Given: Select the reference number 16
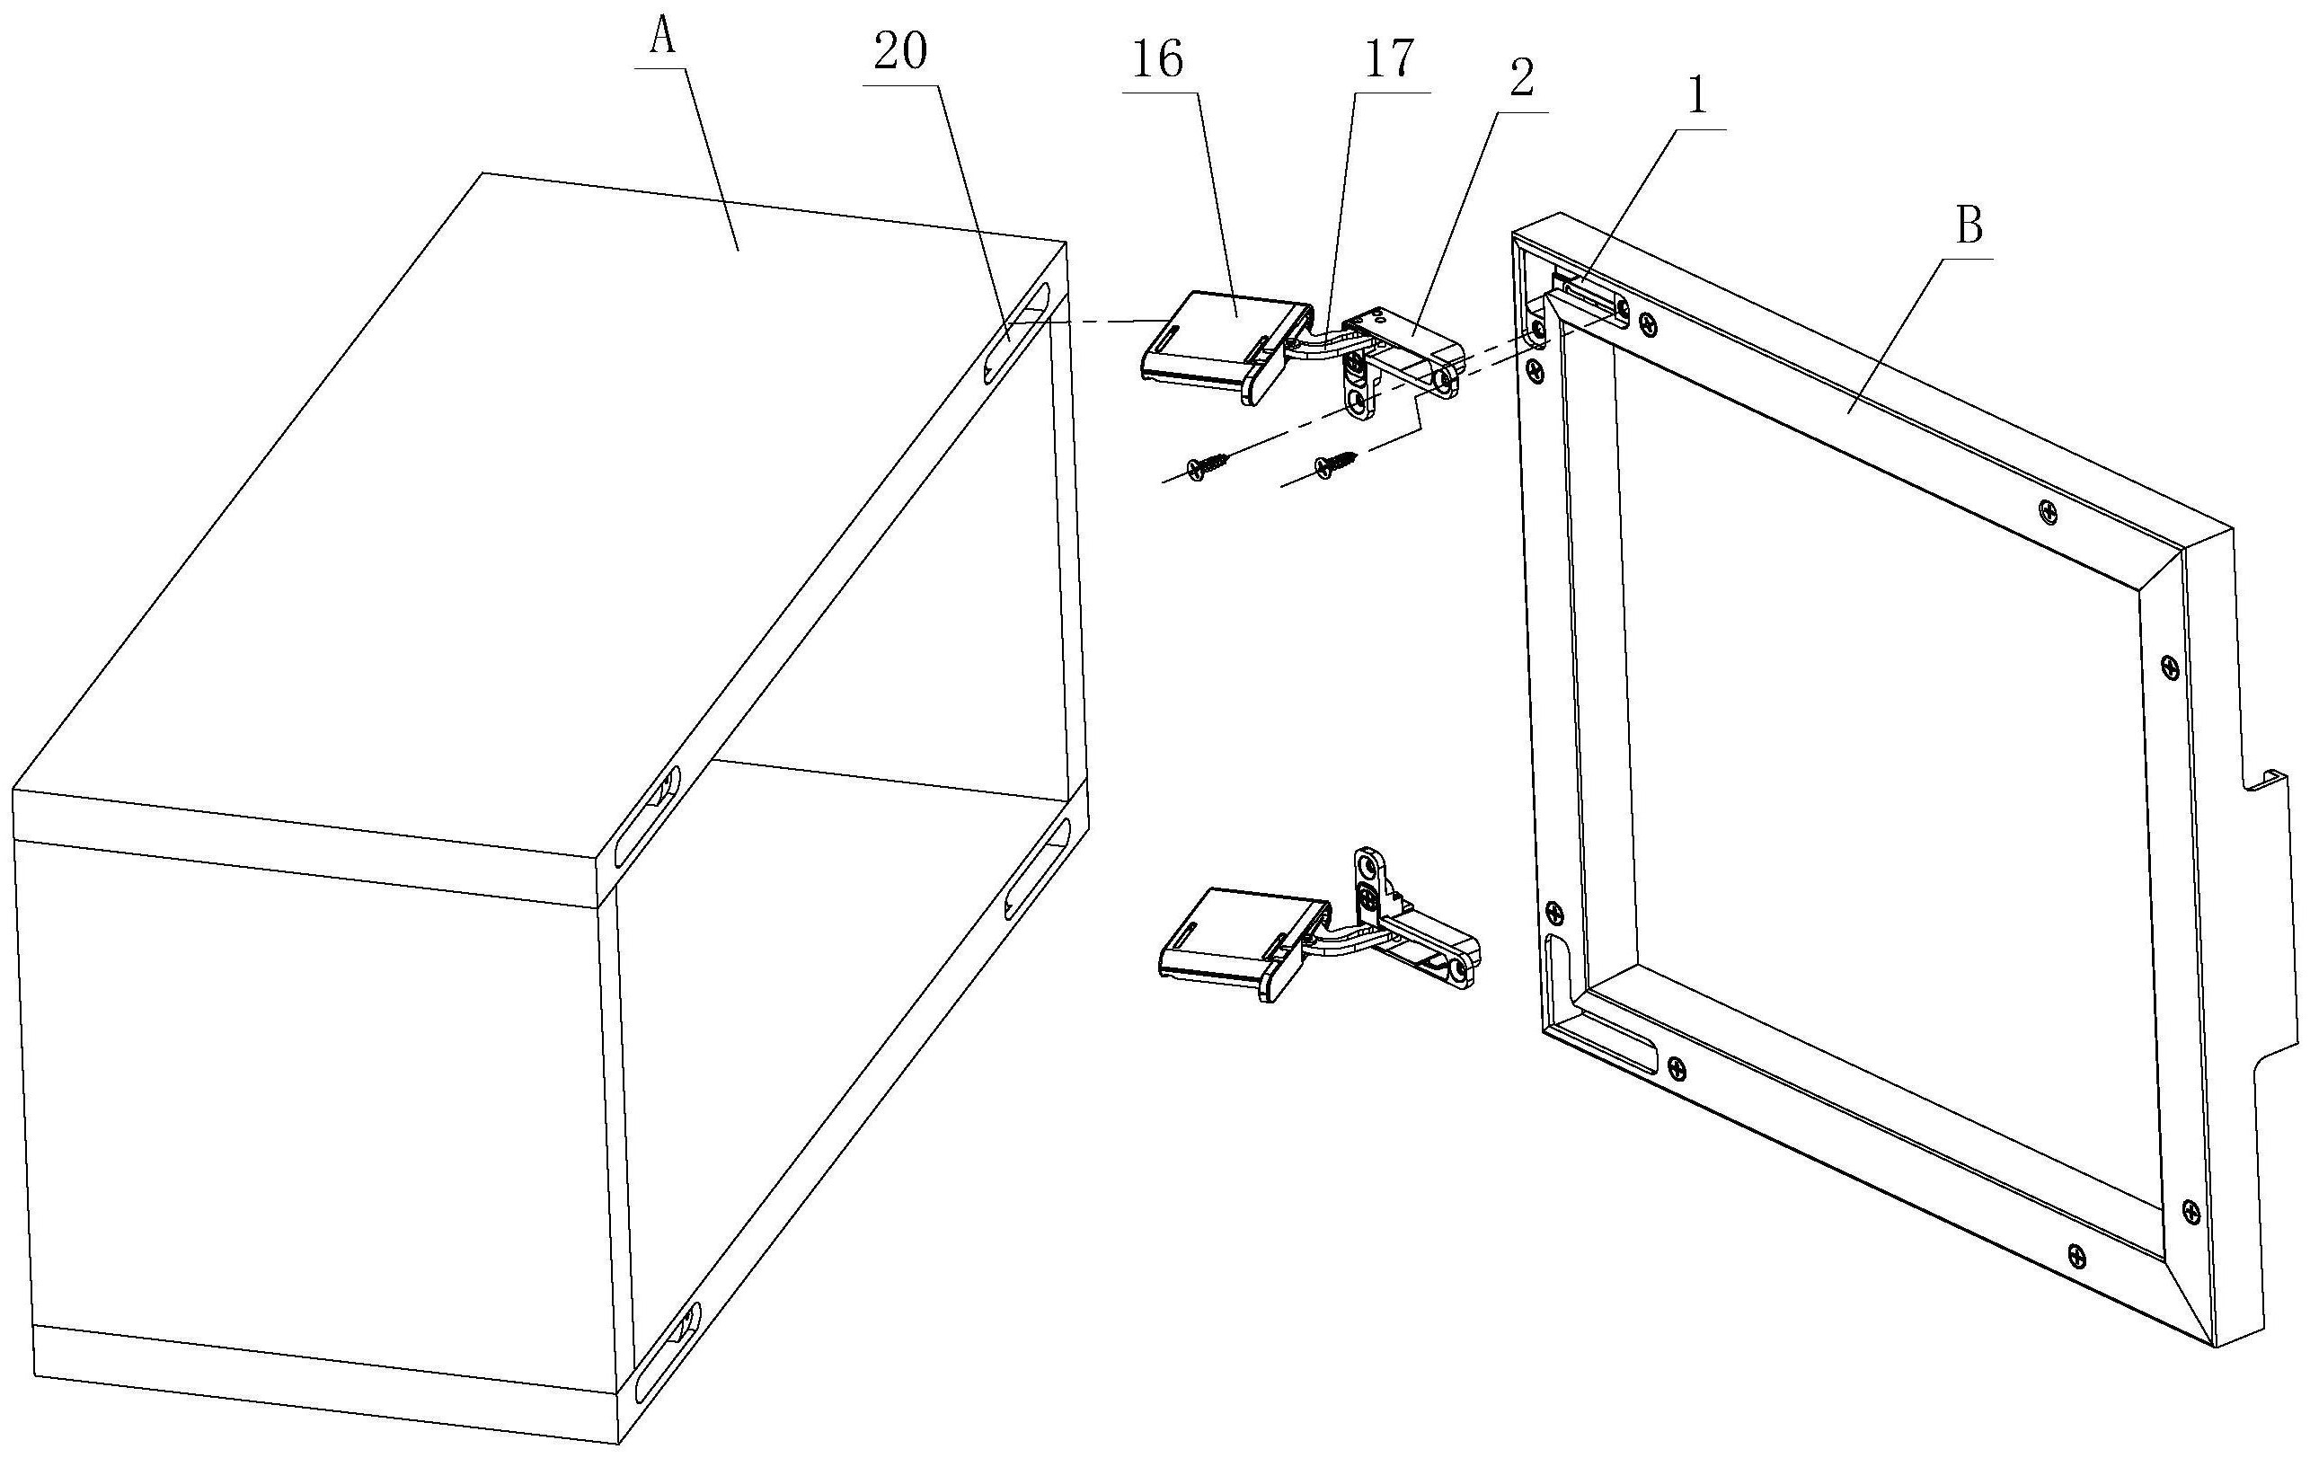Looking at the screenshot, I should (x=1158, y=60).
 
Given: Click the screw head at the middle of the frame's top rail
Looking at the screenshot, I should (x=2049, y=512).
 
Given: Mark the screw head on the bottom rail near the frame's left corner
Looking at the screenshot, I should (x=1676, y=1065).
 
